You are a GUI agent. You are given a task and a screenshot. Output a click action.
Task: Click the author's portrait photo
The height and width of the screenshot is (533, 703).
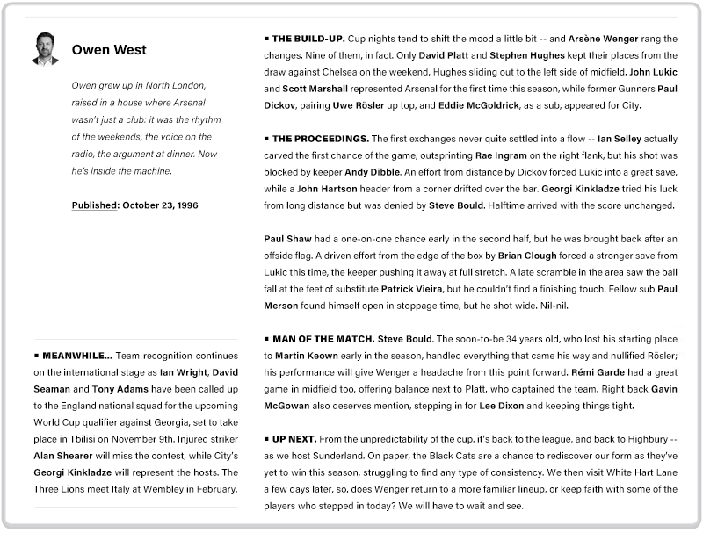point(45,49)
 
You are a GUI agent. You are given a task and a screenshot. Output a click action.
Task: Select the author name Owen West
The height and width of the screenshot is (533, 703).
point(109,50)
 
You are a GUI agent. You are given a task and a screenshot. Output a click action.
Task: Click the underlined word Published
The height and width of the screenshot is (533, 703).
point(95,205)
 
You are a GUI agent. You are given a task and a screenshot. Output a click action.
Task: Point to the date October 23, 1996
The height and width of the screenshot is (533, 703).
point(160,205)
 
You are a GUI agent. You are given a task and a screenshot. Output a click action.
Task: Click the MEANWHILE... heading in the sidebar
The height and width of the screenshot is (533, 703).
point(76,356)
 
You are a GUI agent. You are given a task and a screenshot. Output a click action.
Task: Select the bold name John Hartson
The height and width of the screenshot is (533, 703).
point(327,189)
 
